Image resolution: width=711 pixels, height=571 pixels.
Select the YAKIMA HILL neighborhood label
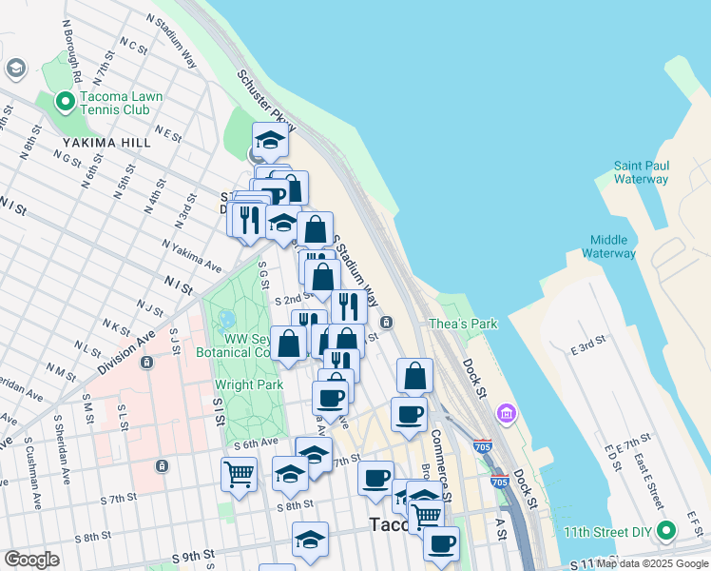tap(96, 142)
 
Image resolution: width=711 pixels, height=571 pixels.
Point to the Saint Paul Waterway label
tap(641, 172)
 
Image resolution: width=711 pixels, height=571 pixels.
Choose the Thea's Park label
tap(463, 324)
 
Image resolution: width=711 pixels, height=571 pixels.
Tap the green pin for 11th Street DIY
tap(667, 529)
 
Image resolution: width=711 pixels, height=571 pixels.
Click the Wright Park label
tap(247, 385)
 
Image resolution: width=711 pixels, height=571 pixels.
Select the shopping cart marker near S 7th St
tap(239, 473)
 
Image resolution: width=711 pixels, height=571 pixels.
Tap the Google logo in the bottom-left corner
tap(32, 560)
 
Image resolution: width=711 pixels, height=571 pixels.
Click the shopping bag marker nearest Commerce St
tap(414, 375)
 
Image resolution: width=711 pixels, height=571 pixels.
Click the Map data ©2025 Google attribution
tap(653, 563)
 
